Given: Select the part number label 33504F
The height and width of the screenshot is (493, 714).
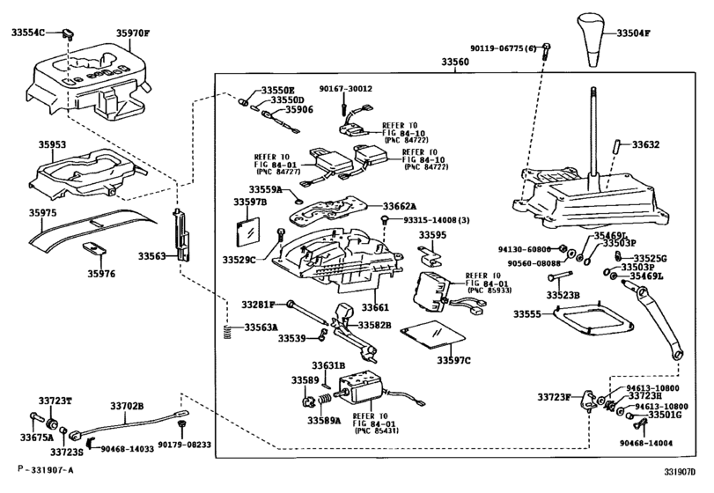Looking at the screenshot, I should click(x=632, y=33).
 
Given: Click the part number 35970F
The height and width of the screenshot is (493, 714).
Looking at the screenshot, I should click(x=134, y=34).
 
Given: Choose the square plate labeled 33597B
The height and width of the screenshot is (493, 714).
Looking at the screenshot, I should click(x=249, y=231).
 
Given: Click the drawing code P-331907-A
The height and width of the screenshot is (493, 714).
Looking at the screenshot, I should click(x=45, y=478).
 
